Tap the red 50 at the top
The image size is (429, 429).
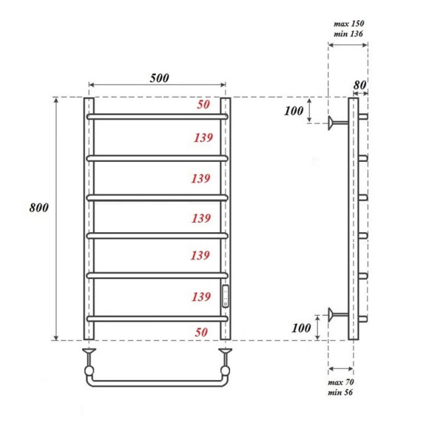point(203,105)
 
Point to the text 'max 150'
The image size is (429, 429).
point(348,24)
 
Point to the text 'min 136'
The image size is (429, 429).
point(348,34)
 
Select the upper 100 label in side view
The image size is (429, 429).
point(294,112)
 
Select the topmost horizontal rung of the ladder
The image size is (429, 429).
point(158,116)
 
